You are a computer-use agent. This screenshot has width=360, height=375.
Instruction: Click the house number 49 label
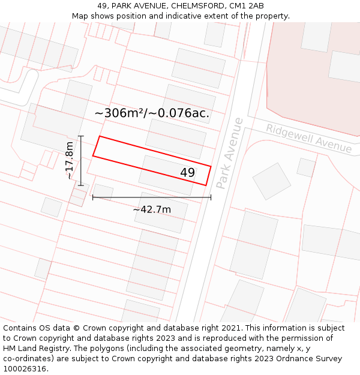pos(187,173)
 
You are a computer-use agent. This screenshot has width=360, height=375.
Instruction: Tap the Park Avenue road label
pos(230,153)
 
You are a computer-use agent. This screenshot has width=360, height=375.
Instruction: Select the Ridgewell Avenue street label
pos(308,139)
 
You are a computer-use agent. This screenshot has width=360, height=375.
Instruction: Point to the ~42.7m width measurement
pos(152,209)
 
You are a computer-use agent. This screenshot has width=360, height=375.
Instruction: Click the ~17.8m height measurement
pos(70,160)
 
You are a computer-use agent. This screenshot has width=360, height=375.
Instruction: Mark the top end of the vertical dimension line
pos(81,136)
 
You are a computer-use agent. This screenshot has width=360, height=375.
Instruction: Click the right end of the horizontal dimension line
pos(211,197)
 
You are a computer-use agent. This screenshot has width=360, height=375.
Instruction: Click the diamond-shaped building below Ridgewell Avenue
pos(271,181)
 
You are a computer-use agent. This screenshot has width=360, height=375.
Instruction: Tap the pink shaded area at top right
pos(312,78)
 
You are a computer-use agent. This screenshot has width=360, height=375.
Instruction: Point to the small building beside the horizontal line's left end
pos(103,191)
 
